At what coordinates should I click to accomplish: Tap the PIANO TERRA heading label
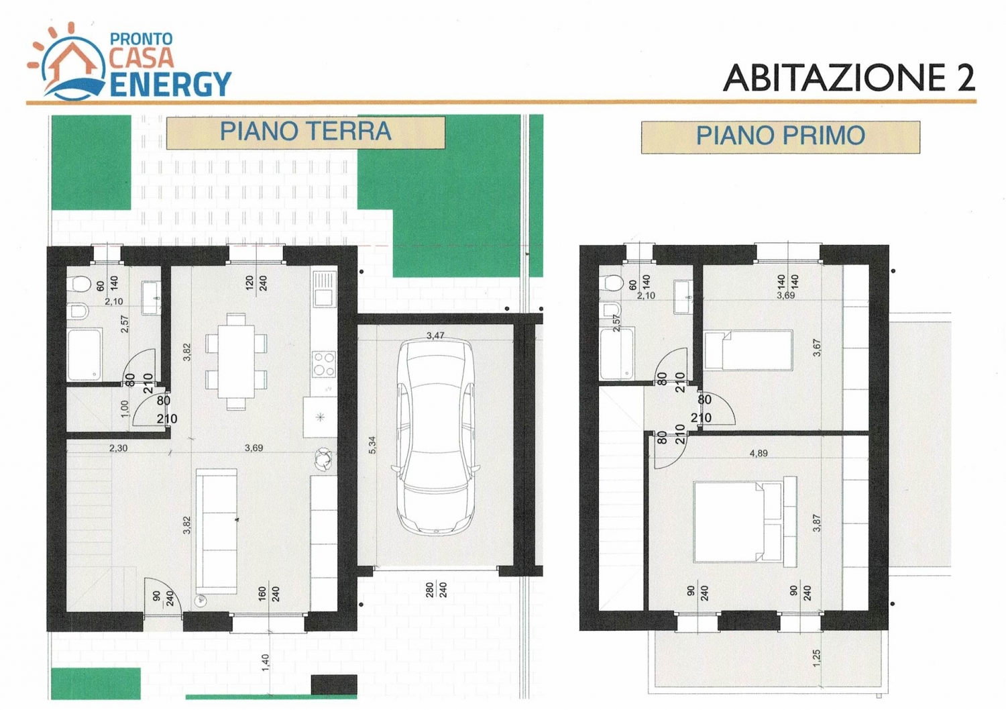[305, 132]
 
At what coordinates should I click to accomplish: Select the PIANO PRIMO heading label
[781, 136]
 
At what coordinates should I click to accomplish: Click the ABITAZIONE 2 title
[849, 78]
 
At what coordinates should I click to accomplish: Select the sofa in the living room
[217, 531]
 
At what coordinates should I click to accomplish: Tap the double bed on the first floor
[744, 521]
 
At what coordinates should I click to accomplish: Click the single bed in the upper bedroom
[748, 350]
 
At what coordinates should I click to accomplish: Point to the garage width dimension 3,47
[435, 336]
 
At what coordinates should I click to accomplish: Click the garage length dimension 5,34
[372, 445]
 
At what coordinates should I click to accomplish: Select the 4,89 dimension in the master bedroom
[759, 454]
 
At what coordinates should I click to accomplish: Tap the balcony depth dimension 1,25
[816, 658]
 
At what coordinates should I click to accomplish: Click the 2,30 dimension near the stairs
[118, 448]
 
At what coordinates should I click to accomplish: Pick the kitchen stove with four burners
[324, 364]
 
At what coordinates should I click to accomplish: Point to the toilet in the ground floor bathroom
[80, 284]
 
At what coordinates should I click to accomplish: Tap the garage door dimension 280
[429, 590]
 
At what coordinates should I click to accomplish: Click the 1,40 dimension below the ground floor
[266, 663]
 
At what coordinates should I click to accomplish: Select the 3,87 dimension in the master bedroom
[817, 523]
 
